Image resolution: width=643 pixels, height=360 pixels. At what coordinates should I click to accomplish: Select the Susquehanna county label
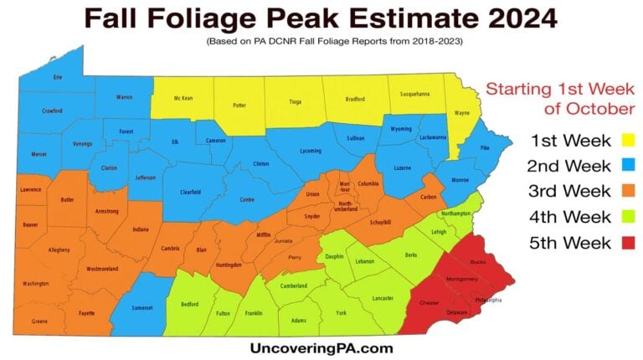[x=414, y=94]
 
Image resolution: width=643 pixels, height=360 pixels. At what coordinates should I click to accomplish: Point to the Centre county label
[x=247, y=199]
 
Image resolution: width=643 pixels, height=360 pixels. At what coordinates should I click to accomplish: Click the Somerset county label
[x=144, y=308]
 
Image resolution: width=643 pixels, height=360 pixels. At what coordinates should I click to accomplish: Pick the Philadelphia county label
[x=488, y=299]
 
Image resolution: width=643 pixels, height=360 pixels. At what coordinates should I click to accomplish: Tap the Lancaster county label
[x=382, y=298]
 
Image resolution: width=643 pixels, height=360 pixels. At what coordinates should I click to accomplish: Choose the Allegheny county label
[x=59, y=250]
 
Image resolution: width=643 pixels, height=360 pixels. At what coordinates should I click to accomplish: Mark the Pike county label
[x=485, y=147]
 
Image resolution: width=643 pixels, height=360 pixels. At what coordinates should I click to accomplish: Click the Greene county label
[x=39, y=321]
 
